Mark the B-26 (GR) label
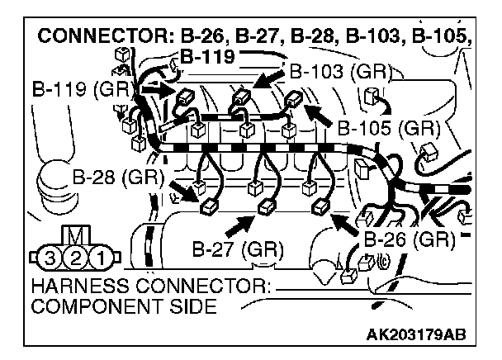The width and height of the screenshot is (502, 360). [x=410, y=240]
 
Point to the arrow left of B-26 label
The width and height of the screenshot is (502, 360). [x=347, y=221]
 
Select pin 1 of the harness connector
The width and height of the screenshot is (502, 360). [x=100, y=258]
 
